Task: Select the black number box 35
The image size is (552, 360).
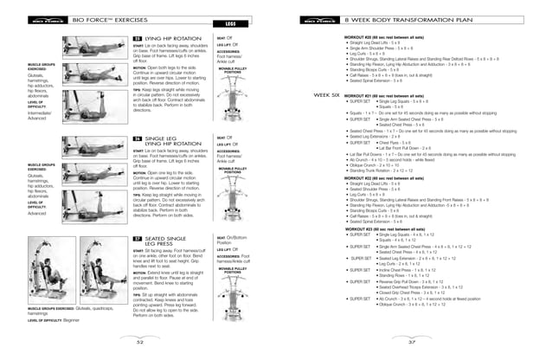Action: [x=138, y=40]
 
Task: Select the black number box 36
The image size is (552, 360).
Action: [x=138, y=138]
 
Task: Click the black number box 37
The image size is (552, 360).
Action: [x=138, y=236]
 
